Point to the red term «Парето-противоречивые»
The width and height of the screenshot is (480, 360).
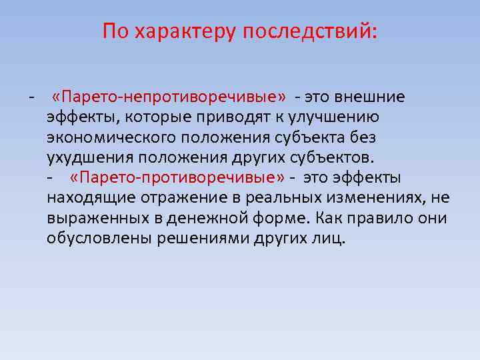177,178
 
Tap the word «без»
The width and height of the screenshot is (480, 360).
364,138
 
